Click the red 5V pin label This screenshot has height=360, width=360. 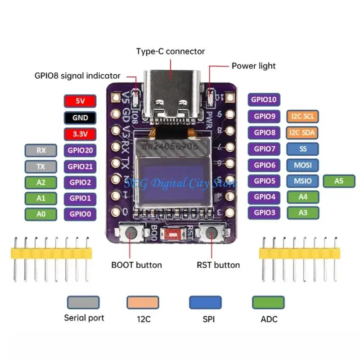click(80, 101)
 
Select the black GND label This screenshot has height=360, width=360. click(80, 118)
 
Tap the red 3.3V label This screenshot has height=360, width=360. click(80, 134)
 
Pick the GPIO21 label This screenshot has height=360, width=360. click(80, 166)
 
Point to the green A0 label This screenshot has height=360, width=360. click(41, 214)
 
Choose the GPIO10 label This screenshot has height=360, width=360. click(265, 100)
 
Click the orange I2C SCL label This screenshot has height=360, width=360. click(302, 117)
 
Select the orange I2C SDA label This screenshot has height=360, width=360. click(302, 133)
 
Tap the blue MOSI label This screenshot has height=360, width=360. click(302, 165)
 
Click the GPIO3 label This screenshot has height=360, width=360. click(265, 212)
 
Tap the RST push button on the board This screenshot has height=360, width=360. click(212, 233)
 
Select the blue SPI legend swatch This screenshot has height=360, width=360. click(205, 302)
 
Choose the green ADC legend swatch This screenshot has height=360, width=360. click(268, 302)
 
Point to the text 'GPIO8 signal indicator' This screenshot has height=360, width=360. click(77, 76)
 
